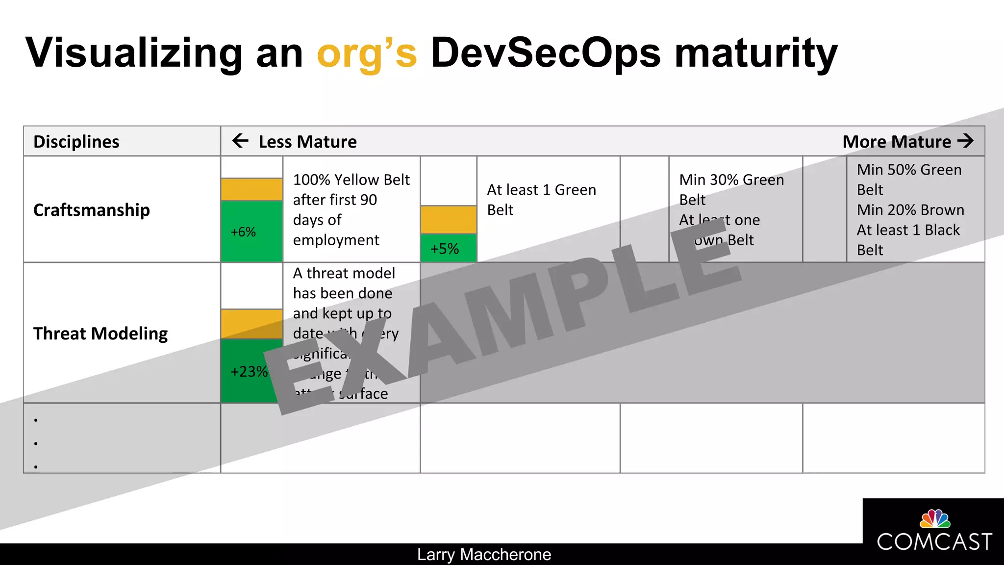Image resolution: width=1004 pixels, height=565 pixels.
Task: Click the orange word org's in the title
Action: (367, 53)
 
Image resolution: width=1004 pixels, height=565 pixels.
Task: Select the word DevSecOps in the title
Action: (545, 53)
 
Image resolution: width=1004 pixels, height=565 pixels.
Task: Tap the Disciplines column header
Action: (76, 142)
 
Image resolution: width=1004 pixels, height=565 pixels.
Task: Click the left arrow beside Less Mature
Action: (240, 141)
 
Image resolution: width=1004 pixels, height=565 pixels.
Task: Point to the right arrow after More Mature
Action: (965, 141)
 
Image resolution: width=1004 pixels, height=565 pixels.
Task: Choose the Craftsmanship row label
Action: (92, 210)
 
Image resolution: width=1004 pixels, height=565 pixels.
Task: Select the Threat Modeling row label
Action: (100, 334)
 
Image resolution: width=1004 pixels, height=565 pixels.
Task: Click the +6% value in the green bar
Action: (243, 232)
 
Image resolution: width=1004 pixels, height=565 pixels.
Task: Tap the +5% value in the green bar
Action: (445, 249)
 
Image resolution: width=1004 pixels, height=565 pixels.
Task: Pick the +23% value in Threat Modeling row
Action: (249, 371)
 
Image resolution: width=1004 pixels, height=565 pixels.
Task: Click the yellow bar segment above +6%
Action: (251, 189)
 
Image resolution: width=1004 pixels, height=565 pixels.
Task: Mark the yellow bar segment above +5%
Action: (448, 219)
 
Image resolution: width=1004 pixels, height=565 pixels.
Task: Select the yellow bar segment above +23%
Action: (251, 324)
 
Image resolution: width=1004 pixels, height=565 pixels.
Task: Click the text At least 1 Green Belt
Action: (541, 200)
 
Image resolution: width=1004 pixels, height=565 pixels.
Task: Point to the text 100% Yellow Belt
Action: (351, 180)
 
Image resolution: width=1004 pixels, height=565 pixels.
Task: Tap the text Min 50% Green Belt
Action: (909, 180)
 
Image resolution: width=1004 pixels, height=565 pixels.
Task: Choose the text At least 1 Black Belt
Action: (908, 240)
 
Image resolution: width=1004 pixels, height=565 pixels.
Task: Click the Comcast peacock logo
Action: (935, 519)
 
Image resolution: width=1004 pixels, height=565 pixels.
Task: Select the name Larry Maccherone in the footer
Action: (484, 555)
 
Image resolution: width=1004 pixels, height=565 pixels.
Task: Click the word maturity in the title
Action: (756, 53)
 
